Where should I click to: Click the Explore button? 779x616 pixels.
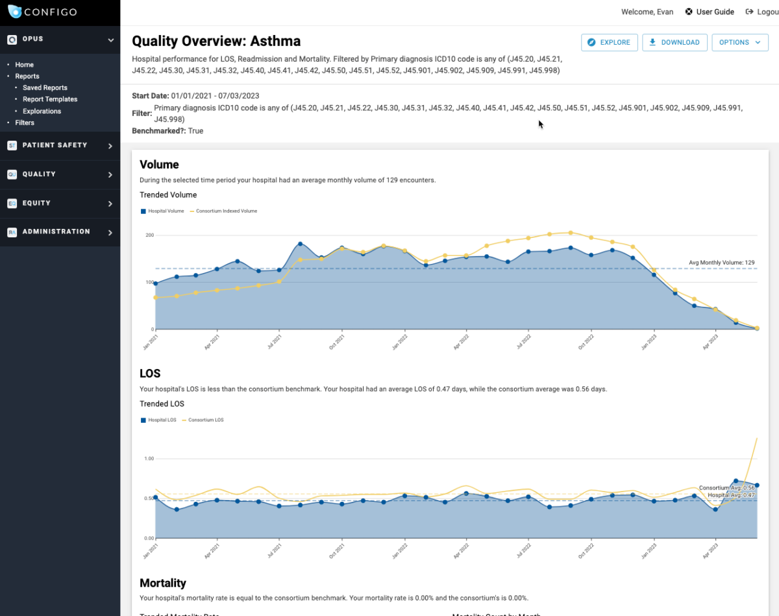[x=609, y=42]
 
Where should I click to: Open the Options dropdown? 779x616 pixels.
[x=739, y=42]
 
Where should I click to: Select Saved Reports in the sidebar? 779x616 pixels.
[x=45, y=88]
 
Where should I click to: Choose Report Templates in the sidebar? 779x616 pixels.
[x=50, y=99]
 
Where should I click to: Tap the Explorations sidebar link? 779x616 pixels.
[x=42, y=111]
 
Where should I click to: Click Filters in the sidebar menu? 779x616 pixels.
[x=25, y=123]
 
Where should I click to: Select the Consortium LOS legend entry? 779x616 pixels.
[x=205, y=420]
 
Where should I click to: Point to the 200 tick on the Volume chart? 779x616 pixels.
[x=149, y=235]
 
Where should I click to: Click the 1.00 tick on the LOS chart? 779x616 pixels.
[x=148, y=458]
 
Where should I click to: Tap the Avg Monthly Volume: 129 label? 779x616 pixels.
[x=721, y=263]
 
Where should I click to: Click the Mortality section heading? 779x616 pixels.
[x=162, y=583]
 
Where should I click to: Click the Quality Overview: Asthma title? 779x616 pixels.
[x=216, y=41]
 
